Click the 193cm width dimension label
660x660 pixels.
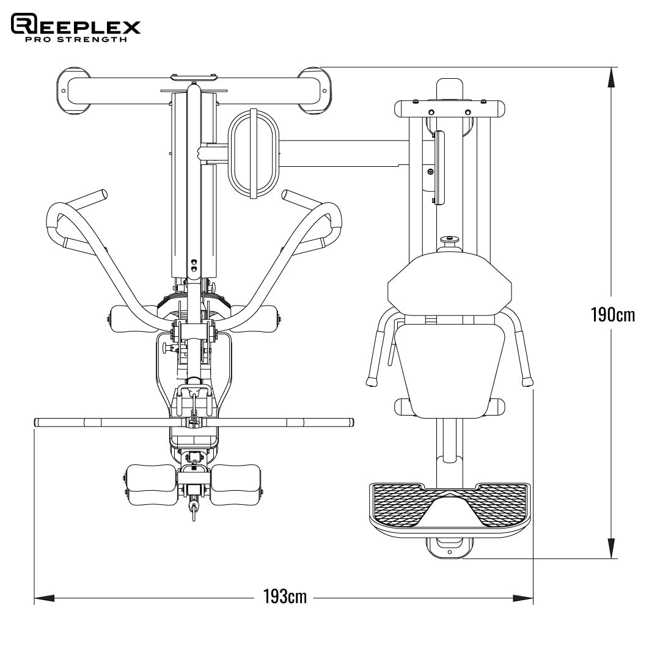click(x=285, y=596)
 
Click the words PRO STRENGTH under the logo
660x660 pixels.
click(x=76, y=40)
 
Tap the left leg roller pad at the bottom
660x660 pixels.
click(x=150, y=484)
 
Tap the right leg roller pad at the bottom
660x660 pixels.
click(x=236, y=484)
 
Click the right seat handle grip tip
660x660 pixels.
click(x=526, y=382)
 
